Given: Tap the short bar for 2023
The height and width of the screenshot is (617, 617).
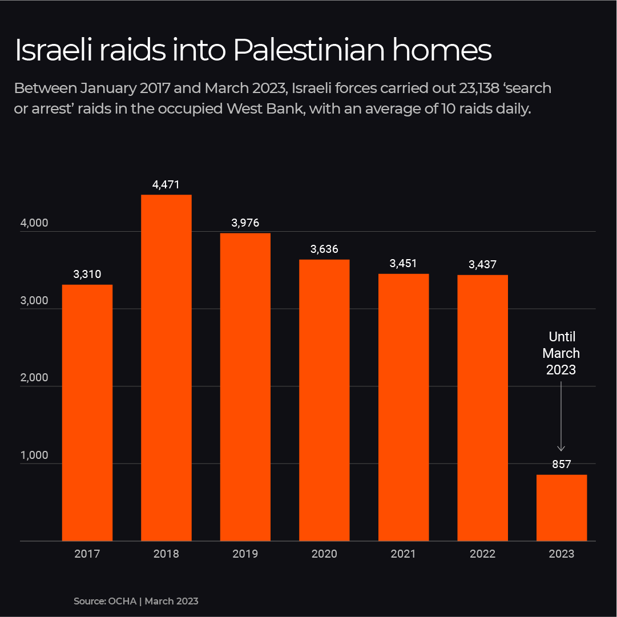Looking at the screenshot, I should point(562,507).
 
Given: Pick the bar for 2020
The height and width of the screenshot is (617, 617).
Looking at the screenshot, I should point(324,400).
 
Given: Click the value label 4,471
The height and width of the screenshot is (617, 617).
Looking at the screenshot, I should point(166,185).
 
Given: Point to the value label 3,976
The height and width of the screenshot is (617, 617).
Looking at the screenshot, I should point(245,223).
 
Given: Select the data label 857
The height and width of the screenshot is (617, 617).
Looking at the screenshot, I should point(562,465).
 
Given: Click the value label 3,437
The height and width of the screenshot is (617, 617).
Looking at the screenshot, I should point(482,265).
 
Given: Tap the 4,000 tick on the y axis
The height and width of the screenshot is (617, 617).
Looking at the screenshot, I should point(34,224).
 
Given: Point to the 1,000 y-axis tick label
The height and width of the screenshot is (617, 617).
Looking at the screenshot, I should point(34,455).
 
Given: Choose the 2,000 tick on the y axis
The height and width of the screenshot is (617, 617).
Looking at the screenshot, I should point(34,378).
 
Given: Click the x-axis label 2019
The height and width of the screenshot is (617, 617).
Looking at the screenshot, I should point(245,554).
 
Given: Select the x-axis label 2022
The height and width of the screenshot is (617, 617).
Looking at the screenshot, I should point(482,554).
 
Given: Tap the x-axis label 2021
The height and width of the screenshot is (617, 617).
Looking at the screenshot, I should point(404,554).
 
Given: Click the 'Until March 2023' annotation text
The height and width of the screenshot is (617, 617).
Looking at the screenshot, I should point(561,353).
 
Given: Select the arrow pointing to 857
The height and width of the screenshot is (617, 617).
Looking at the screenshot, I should point(561,417).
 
